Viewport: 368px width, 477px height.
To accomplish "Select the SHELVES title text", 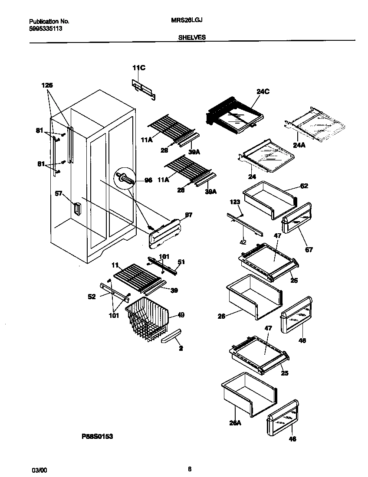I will pos(192,38).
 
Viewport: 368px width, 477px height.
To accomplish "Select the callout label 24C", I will pos(263,91).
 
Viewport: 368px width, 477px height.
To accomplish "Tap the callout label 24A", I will pos(299,145).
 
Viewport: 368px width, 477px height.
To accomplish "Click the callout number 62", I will pos(304,186).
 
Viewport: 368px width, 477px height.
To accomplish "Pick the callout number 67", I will pos(309,250).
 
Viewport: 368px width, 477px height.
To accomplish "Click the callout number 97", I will pos(188,215).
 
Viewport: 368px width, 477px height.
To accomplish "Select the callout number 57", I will pos(59,194).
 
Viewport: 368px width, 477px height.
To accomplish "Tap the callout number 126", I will pos(47,85).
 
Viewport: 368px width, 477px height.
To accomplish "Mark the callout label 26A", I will pos(235,423).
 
